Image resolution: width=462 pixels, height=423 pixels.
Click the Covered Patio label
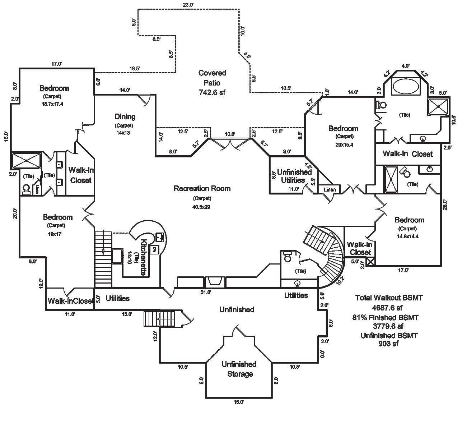point(212,78)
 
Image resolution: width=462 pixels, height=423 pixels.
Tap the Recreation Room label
point(202,188)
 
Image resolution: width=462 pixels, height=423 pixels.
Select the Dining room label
point(125,116)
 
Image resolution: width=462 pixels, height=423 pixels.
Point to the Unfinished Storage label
point(239,369)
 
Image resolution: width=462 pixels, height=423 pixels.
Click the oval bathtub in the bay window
point(405,87)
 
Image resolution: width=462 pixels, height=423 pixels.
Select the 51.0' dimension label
point(205,292)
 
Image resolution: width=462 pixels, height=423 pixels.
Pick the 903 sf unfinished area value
point(388,344)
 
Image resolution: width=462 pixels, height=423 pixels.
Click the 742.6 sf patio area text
point(212,92)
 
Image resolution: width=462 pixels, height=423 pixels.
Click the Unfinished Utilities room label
point(294,176)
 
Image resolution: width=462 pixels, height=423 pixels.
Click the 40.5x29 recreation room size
point(202,207)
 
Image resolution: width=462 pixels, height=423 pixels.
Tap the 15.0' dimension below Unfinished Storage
point(239,402)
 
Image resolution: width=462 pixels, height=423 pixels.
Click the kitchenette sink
point(160,237)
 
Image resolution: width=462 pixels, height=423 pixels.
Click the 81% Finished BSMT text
point(385,317)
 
